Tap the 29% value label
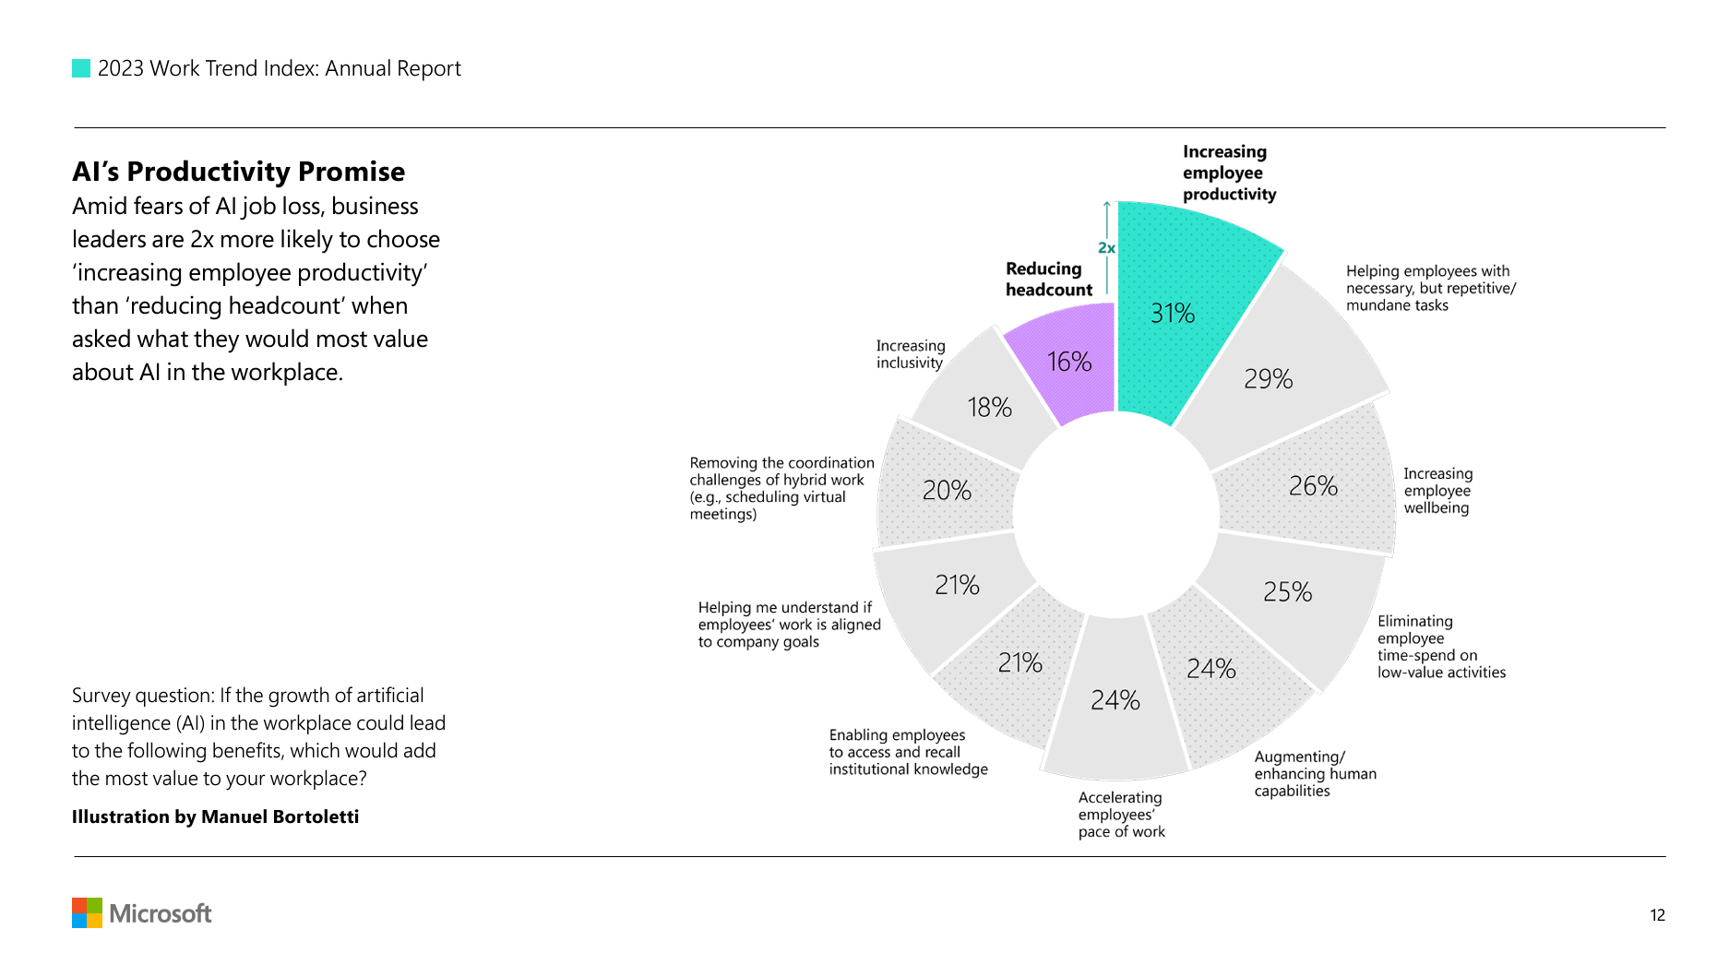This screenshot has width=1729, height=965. (1268, 379)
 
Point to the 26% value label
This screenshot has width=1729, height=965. (1313, 486)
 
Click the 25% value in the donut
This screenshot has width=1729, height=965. (1287, 592)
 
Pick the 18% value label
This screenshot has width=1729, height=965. (989, 408)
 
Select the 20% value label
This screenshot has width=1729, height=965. (947, 491)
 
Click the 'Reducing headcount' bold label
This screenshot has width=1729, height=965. (1048, 280)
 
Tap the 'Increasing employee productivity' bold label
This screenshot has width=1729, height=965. (1229, 173)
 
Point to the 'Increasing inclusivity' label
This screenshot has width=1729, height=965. (910, 354)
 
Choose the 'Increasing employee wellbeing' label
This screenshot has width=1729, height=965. (1437, 491)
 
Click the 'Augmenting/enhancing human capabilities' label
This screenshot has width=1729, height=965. (1314, 774)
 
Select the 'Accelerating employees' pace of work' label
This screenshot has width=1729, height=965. (1121, 815)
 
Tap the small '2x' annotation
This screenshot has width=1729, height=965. (1106, 248)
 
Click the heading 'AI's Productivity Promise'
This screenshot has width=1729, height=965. (238, 172)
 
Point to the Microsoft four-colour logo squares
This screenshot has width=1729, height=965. (87, 913)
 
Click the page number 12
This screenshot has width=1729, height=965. (1657, 915)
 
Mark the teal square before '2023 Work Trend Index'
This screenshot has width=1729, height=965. (81, 68)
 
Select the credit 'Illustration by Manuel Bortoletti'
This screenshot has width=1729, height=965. (215, 817)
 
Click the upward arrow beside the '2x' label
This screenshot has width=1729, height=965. (1107, 218)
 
